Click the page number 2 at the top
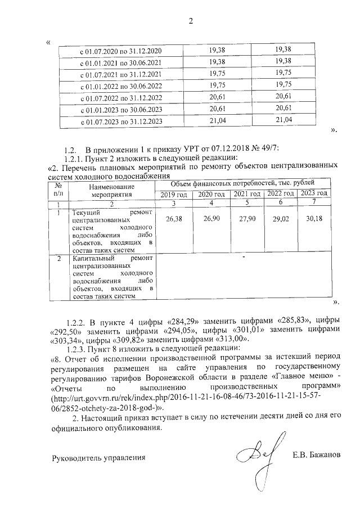pyautogui.click(x=191, y=22)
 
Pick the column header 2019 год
pyautogui.click(x=173, y=194)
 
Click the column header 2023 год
pyautogui.click(x=314, y=193)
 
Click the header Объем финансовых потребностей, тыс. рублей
pyautogui.click(x=243, y=183)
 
